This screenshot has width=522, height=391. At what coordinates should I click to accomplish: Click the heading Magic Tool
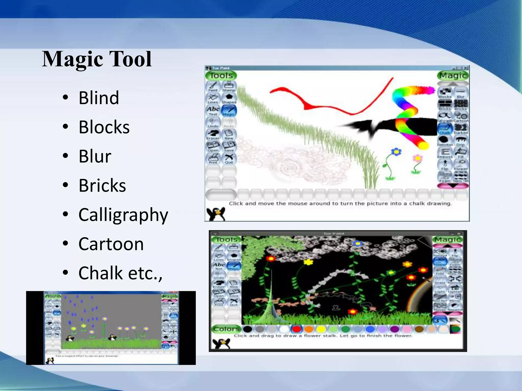(x=97, y=59)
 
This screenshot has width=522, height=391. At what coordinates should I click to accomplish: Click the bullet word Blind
(x=99, y=98)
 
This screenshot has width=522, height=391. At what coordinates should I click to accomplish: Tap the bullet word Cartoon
(x=111, y=244)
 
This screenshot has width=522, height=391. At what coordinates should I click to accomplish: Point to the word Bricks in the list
(x=102, y=186)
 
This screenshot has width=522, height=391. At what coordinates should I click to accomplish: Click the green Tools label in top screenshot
(x=221, y=76)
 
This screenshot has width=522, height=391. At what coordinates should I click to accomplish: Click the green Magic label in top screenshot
(x=453, y=76)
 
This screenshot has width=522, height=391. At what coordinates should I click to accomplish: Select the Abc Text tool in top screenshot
(x=213, y=110)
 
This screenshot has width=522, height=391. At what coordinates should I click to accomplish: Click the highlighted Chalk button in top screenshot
(x=445, y=129)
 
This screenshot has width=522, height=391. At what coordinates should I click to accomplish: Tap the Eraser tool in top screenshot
(x=213, y=134)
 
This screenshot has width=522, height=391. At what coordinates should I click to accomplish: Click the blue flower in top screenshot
(x=396, y=152)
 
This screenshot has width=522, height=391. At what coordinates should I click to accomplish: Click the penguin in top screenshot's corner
(x=216, y=214)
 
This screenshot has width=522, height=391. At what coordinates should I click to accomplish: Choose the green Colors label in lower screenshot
(x=226, y=329)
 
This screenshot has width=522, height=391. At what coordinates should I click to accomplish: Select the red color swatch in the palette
(x=296, y=329)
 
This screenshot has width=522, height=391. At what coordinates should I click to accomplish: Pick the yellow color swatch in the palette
(x=321, y=329)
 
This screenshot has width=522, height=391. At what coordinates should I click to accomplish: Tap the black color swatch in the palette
(x=247, y=329)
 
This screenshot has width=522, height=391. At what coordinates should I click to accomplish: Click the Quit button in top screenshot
(x=229, y=159)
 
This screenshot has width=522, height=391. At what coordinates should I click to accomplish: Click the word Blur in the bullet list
(x=95, y=156)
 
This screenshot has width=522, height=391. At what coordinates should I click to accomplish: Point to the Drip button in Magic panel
(x=461, y=141)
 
